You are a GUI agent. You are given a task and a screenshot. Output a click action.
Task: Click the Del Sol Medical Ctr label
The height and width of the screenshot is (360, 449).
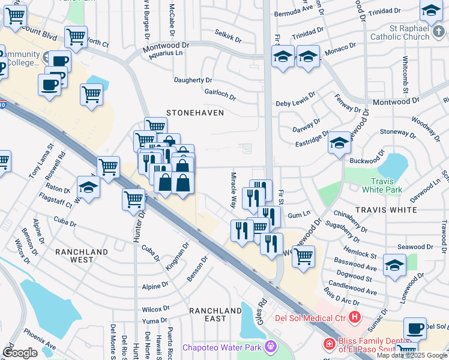point(310,317)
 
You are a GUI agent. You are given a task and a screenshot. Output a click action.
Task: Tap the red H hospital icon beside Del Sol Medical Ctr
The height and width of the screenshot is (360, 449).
point(355,317)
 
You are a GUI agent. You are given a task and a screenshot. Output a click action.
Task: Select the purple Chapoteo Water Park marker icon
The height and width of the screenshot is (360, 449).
point(271,346)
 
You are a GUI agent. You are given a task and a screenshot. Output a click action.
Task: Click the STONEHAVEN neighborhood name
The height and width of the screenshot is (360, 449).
point(194,113)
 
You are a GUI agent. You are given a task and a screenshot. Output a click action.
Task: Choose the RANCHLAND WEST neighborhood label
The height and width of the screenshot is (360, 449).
point(82,256)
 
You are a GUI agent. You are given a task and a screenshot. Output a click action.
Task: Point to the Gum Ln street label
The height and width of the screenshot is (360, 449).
point(299,214)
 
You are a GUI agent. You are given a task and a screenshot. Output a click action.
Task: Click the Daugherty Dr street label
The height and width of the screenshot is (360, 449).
point(193,80)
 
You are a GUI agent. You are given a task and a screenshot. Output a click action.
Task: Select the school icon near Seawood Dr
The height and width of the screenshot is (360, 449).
point(394,264)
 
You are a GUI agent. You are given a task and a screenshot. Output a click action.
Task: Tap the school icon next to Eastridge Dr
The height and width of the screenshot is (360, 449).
point(339,143)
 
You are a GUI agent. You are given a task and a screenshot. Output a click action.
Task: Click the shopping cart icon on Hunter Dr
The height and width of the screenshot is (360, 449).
point(134,199)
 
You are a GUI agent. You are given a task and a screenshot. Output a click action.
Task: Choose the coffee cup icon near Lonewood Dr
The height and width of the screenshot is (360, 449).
point(415,328)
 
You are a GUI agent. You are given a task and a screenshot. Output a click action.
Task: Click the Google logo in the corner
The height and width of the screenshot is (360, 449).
point(20,353)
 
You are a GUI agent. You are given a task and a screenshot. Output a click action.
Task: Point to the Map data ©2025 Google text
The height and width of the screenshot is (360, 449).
point(412,355)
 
